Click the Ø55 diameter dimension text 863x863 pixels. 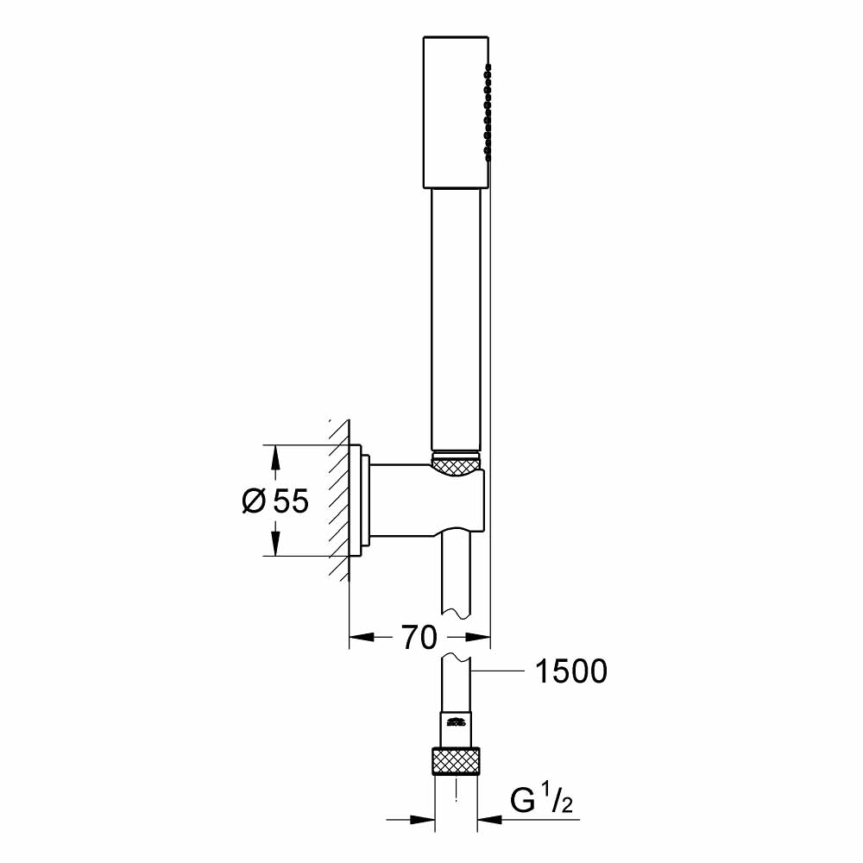[274, 501]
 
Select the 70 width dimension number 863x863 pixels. [418, 639]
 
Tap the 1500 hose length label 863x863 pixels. [570, 671]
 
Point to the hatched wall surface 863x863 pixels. [339, 501]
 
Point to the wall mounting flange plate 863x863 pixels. [358, 501]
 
